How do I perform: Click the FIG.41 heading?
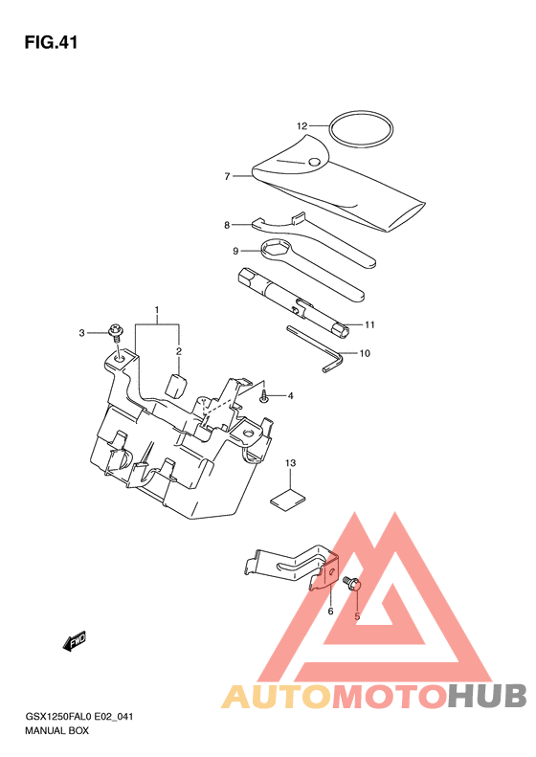point(51,42)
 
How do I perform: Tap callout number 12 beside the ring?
point(301,126)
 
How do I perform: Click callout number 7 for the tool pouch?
point(227,177)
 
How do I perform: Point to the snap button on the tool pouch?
point(315,163)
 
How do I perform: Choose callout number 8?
point(227,225)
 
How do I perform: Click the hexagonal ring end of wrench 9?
point(276,250)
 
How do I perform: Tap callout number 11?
point(369,324)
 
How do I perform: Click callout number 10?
point(365,353)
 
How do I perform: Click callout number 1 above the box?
point(156,309)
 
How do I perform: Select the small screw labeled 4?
point(264,398)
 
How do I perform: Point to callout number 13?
point(290,463)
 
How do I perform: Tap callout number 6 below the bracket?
point(331,612)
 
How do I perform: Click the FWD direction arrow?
point(75,641)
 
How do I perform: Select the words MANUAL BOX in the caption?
point(57,730)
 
